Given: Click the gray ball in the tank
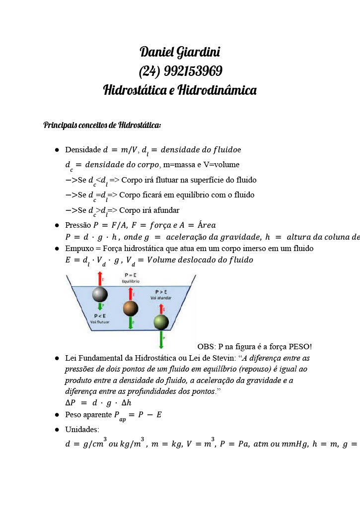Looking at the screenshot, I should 100,295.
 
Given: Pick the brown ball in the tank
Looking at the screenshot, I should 131,308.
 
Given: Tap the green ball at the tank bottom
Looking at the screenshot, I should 161,322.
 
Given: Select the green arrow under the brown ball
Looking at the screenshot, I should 131,322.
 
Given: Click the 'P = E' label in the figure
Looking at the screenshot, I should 132,275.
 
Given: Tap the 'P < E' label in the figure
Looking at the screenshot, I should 100,316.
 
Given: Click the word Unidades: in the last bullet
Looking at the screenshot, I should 82,429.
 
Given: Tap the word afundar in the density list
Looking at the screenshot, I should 163,210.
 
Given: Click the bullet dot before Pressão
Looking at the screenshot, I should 57,225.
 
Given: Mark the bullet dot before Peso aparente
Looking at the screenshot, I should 57,415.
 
